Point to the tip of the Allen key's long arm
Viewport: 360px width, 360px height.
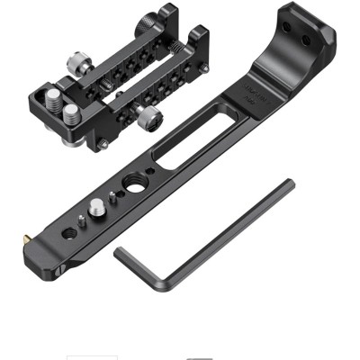point(289,184)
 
